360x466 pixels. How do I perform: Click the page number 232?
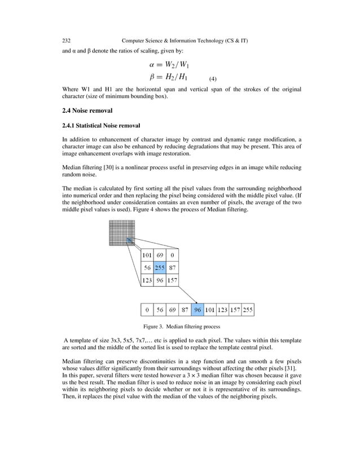coord(66,41)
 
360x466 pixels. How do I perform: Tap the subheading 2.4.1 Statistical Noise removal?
coord(101,125)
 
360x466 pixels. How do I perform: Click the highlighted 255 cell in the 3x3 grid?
coord(160,268)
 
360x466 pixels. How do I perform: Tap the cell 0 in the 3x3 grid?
coord(172,256)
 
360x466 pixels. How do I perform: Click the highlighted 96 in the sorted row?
coord(197,310)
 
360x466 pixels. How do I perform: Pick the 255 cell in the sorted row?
coord(247,310)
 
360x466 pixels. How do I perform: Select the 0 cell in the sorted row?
coord(147,310)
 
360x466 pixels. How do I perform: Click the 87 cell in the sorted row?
coord(185,310)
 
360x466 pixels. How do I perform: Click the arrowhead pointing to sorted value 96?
coord(195,302)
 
